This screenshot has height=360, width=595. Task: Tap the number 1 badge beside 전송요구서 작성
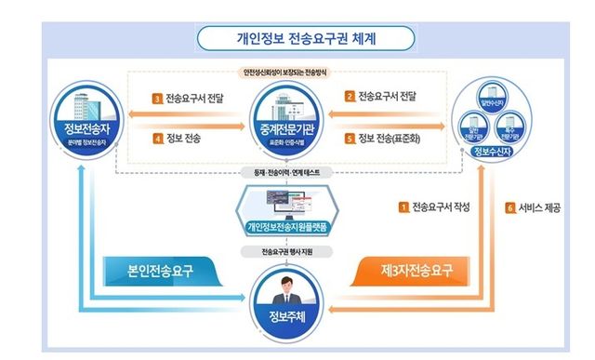pyautogui.click(x=403, y=207)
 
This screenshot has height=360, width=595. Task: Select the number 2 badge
pyautogui.click(x=350, y=96)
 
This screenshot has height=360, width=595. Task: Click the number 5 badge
pyautogui.click(x=350, y=138)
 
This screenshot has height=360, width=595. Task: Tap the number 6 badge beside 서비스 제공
pyautogui.click(x=510, y=207)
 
